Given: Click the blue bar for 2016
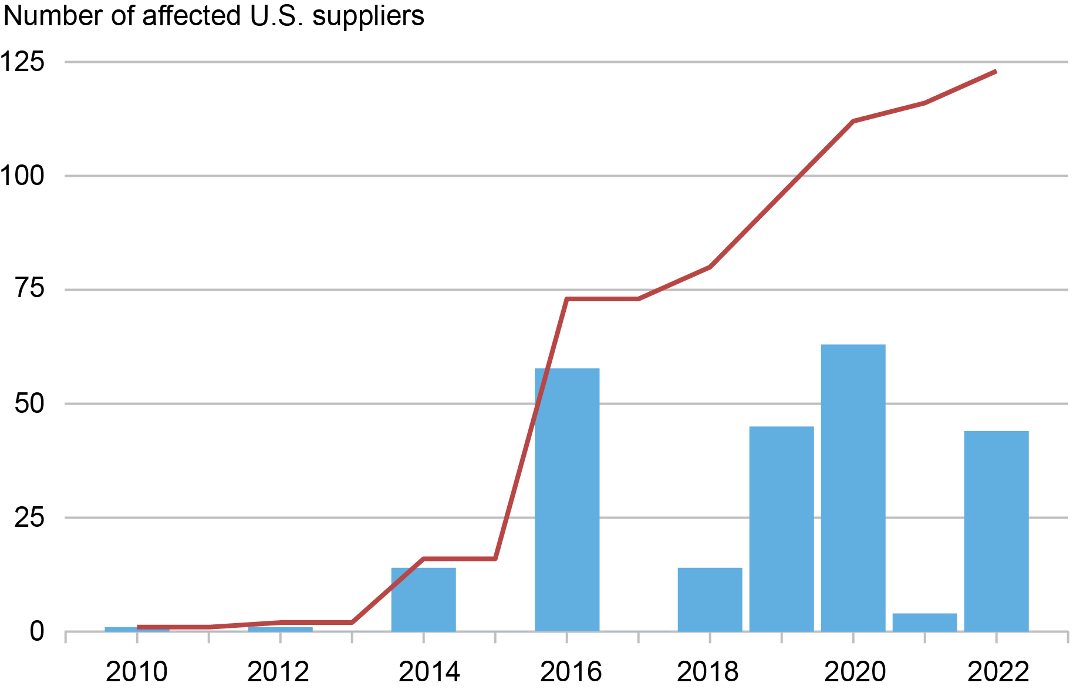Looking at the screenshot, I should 567,499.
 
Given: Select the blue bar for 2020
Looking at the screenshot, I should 853,487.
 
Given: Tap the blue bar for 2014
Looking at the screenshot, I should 423,599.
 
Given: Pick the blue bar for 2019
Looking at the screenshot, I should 781,529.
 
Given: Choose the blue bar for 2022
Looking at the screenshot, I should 996,531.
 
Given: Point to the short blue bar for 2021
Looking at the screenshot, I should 924,623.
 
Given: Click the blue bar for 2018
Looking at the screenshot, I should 710,599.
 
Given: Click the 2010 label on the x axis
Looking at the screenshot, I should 137,672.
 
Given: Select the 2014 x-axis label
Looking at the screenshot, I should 429,672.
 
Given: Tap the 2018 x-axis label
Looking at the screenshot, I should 708,672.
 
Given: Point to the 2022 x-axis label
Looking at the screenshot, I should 998,672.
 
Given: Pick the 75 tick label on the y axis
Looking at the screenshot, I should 29,290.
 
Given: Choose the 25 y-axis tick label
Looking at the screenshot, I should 29,517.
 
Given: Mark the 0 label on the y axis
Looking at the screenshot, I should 37,632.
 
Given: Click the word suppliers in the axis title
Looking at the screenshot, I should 368,16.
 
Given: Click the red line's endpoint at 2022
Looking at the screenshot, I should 995,72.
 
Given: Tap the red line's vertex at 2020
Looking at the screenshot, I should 853,121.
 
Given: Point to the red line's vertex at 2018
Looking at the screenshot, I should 710,267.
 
